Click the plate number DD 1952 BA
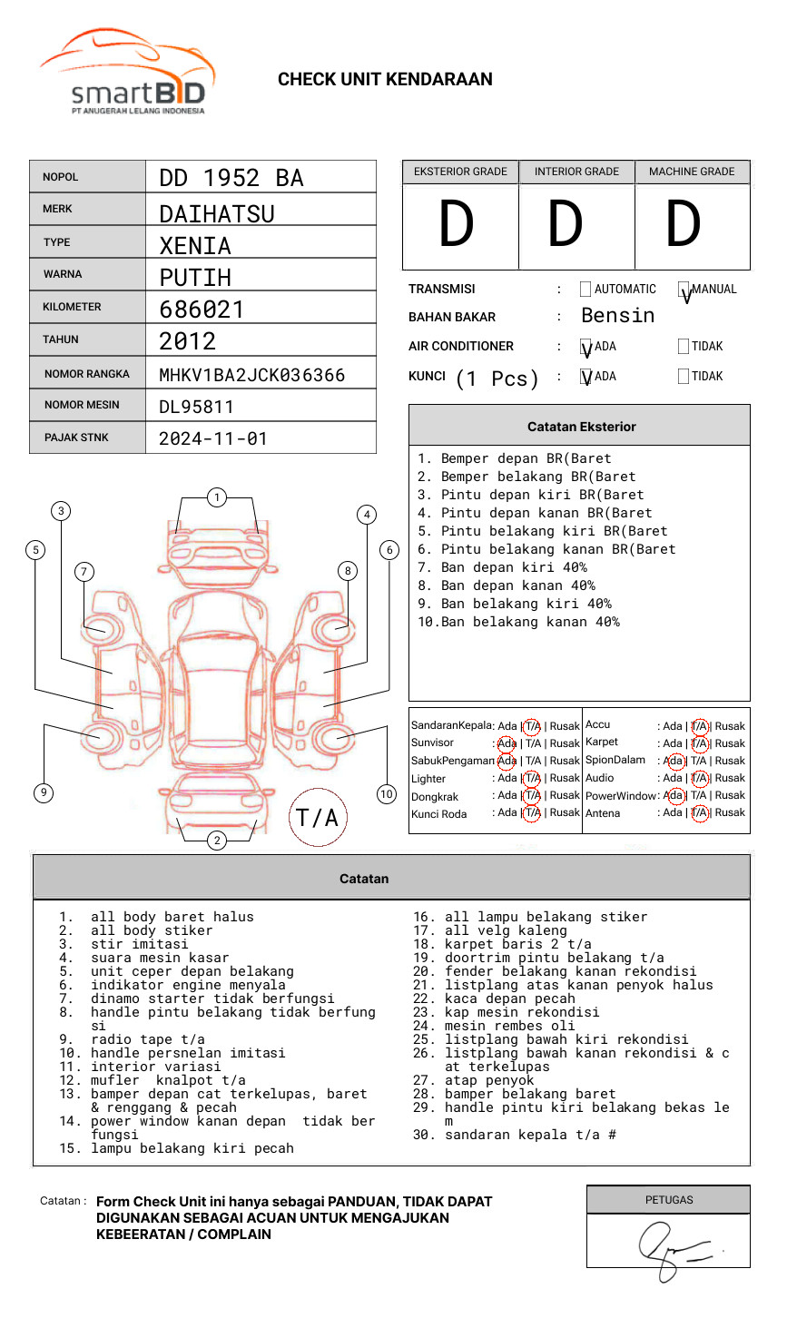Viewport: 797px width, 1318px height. coord(231,178)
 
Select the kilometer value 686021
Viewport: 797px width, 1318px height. coord(202,310)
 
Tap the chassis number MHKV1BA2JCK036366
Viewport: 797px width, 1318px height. coord(251,375)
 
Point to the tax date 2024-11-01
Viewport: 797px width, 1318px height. coord(213,438)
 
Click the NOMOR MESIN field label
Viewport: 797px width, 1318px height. coord(82,405)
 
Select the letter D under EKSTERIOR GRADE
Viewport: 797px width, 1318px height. coord(457,224)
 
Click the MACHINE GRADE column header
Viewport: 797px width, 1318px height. coord(692,172)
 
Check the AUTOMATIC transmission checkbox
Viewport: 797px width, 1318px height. coord(585,290)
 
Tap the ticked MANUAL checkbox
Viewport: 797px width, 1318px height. coord(684,290)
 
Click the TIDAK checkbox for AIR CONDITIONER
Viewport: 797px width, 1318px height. coord(684,347)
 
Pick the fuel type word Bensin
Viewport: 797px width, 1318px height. coord(617,316)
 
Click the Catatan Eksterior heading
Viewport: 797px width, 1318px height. coord(581,427)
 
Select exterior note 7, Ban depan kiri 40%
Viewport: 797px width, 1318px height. coord(501,567)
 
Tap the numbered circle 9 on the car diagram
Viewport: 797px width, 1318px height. coord(44,792)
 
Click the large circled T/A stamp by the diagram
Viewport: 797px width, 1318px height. coord(318,817)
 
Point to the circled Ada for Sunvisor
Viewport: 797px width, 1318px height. coord(507,743)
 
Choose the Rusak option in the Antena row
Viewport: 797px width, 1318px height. coord(729,812)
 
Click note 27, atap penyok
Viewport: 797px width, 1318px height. coord(488,1080)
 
